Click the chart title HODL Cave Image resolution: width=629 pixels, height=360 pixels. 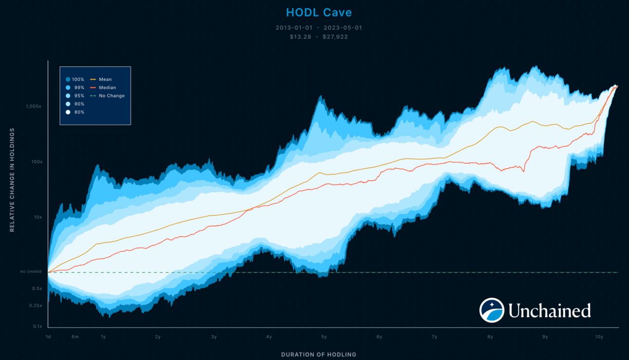[318, 13]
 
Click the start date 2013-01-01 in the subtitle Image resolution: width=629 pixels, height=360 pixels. [294, 28]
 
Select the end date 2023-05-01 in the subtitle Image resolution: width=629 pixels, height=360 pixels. [344, 28]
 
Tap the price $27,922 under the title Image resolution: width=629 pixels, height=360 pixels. [335, 36]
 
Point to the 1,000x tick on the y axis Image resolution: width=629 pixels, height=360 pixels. [34, 106]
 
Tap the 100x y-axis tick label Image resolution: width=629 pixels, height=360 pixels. [37, 162]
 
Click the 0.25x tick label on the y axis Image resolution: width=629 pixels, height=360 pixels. [36, 306]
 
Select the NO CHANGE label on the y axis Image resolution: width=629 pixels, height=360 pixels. [31, 271]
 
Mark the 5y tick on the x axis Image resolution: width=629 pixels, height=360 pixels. [324, 337]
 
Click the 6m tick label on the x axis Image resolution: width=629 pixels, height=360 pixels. [75, 337]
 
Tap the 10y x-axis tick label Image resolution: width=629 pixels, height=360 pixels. [599, 337]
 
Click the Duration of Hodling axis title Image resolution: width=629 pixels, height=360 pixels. [318, 354]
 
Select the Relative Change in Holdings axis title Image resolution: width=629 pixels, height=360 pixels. [12, 180]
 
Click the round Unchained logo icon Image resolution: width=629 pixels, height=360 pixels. [492, 310]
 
